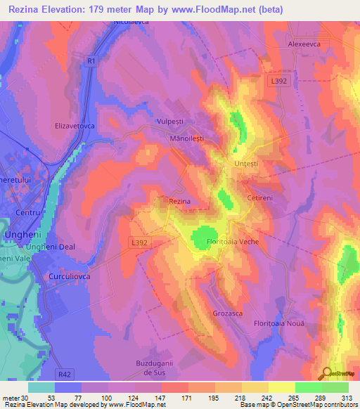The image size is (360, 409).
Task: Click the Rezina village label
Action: coord(180,201)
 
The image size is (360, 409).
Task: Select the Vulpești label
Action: coord(169,121)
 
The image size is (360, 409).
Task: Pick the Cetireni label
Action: coord(261,198)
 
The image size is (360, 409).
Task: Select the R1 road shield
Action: coord(91,61)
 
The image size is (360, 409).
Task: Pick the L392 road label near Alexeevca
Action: coord(279,82)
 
